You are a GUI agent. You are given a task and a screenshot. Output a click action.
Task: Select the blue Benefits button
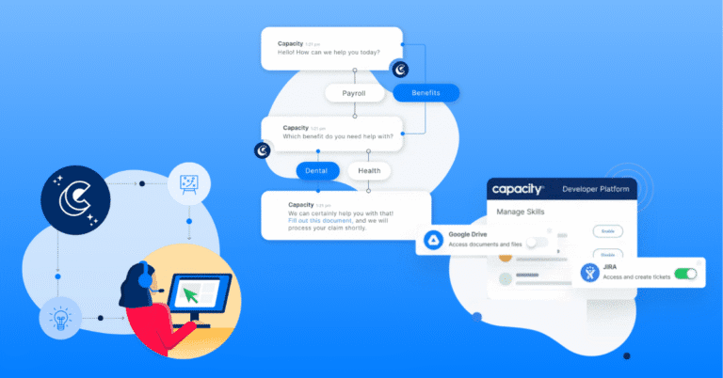(x=426, y=93)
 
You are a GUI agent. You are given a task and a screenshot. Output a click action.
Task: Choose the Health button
(x=369, y=171)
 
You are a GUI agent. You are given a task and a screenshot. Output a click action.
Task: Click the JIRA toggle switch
(x=685, y=274)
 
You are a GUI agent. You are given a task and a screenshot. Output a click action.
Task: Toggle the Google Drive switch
(x=536, y=243)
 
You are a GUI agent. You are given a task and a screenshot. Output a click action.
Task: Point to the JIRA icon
(x=589, y=273)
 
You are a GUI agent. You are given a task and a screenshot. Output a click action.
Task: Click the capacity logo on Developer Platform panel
(x=520, y=189)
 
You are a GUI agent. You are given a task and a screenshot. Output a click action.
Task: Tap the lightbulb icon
(x=57, y=318)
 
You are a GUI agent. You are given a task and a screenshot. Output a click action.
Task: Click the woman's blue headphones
(x=142, y=276)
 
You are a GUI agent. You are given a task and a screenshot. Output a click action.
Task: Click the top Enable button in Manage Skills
(x=607, y=230)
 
